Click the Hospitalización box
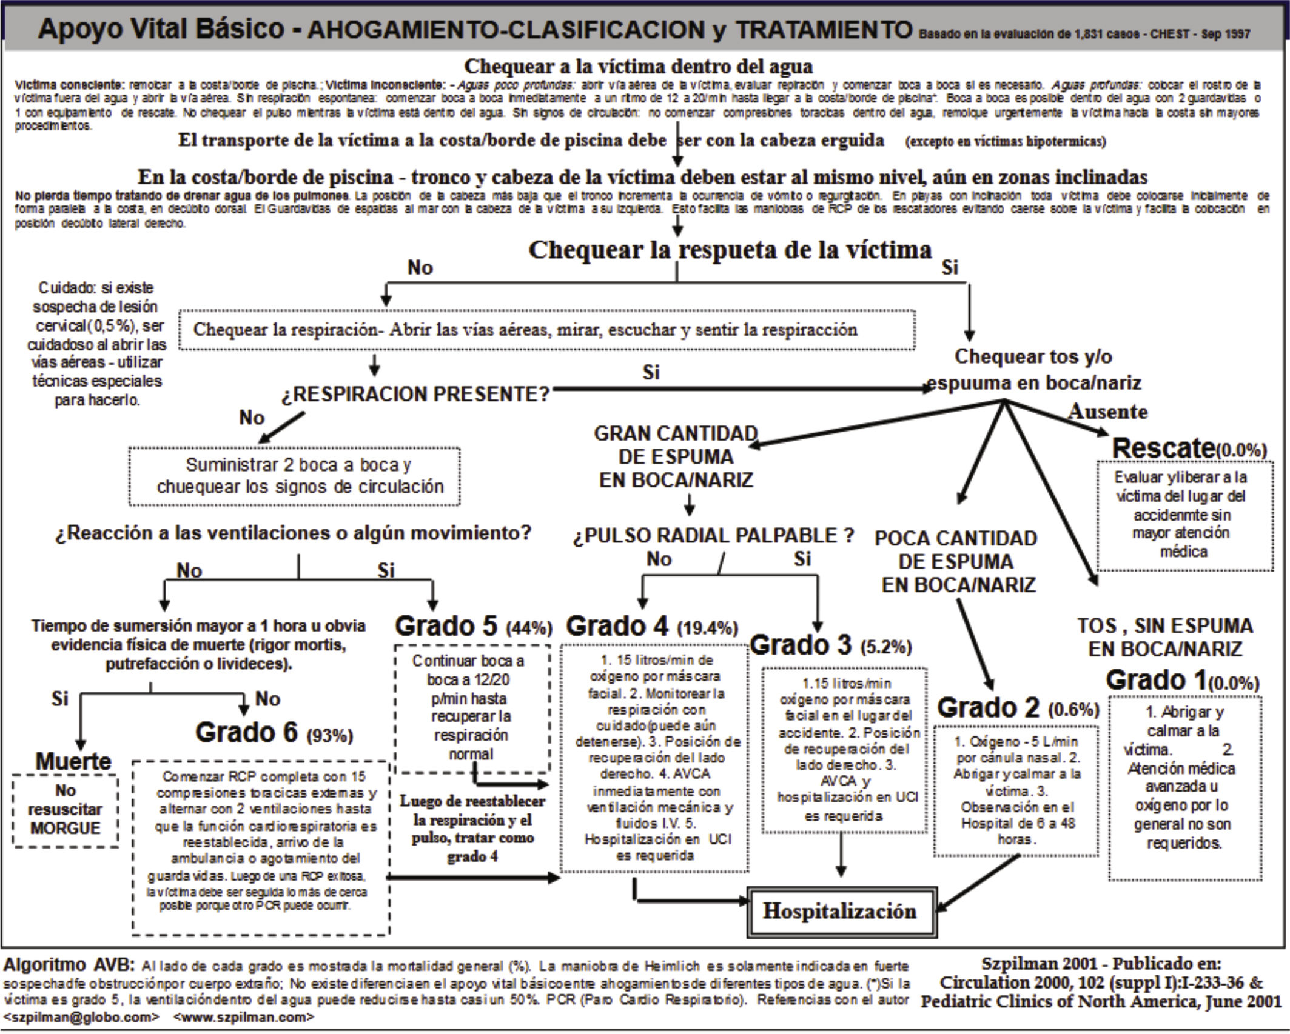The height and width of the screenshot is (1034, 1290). pos(840,912)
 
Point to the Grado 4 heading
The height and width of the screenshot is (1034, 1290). pos(619,626)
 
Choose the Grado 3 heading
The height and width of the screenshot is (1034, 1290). pos(802,645)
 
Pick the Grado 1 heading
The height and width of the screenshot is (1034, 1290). pos(1155,680)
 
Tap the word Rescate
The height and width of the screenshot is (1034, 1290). pos(1163,449)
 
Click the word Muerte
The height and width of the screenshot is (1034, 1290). pos(73,761)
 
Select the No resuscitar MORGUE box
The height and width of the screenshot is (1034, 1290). pos(66,810)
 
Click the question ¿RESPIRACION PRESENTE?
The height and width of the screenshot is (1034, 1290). pos(415,395)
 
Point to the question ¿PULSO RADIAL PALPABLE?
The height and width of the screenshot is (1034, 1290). pos(714,535)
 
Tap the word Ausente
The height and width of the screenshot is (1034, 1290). pos(1107,412)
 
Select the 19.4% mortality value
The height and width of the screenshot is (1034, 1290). pos(708,629)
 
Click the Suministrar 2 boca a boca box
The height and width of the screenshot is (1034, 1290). pos(294,476)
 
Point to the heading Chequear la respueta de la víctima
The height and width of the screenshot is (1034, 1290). pos(730,250)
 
